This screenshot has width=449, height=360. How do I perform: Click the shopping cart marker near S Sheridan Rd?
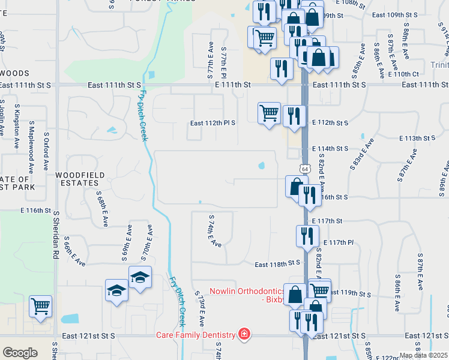[40, 306]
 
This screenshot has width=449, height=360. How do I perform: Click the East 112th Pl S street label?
[212, 123]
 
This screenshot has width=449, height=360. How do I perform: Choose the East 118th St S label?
[277, 263]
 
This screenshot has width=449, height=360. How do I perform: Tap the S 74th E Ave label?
[215, 231]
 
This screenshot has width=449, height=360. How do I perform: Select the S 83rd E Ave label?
[361, 155]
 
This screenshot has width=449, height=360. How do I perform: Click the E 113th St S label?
[417, 138]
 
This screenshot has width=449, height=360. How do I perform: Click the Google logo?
[20, 353]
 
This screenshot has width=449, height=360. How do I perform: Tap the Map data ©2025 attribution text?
[423, 355]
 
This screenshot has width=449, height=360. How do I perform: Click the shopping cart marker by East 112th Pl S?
[269, 112]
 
